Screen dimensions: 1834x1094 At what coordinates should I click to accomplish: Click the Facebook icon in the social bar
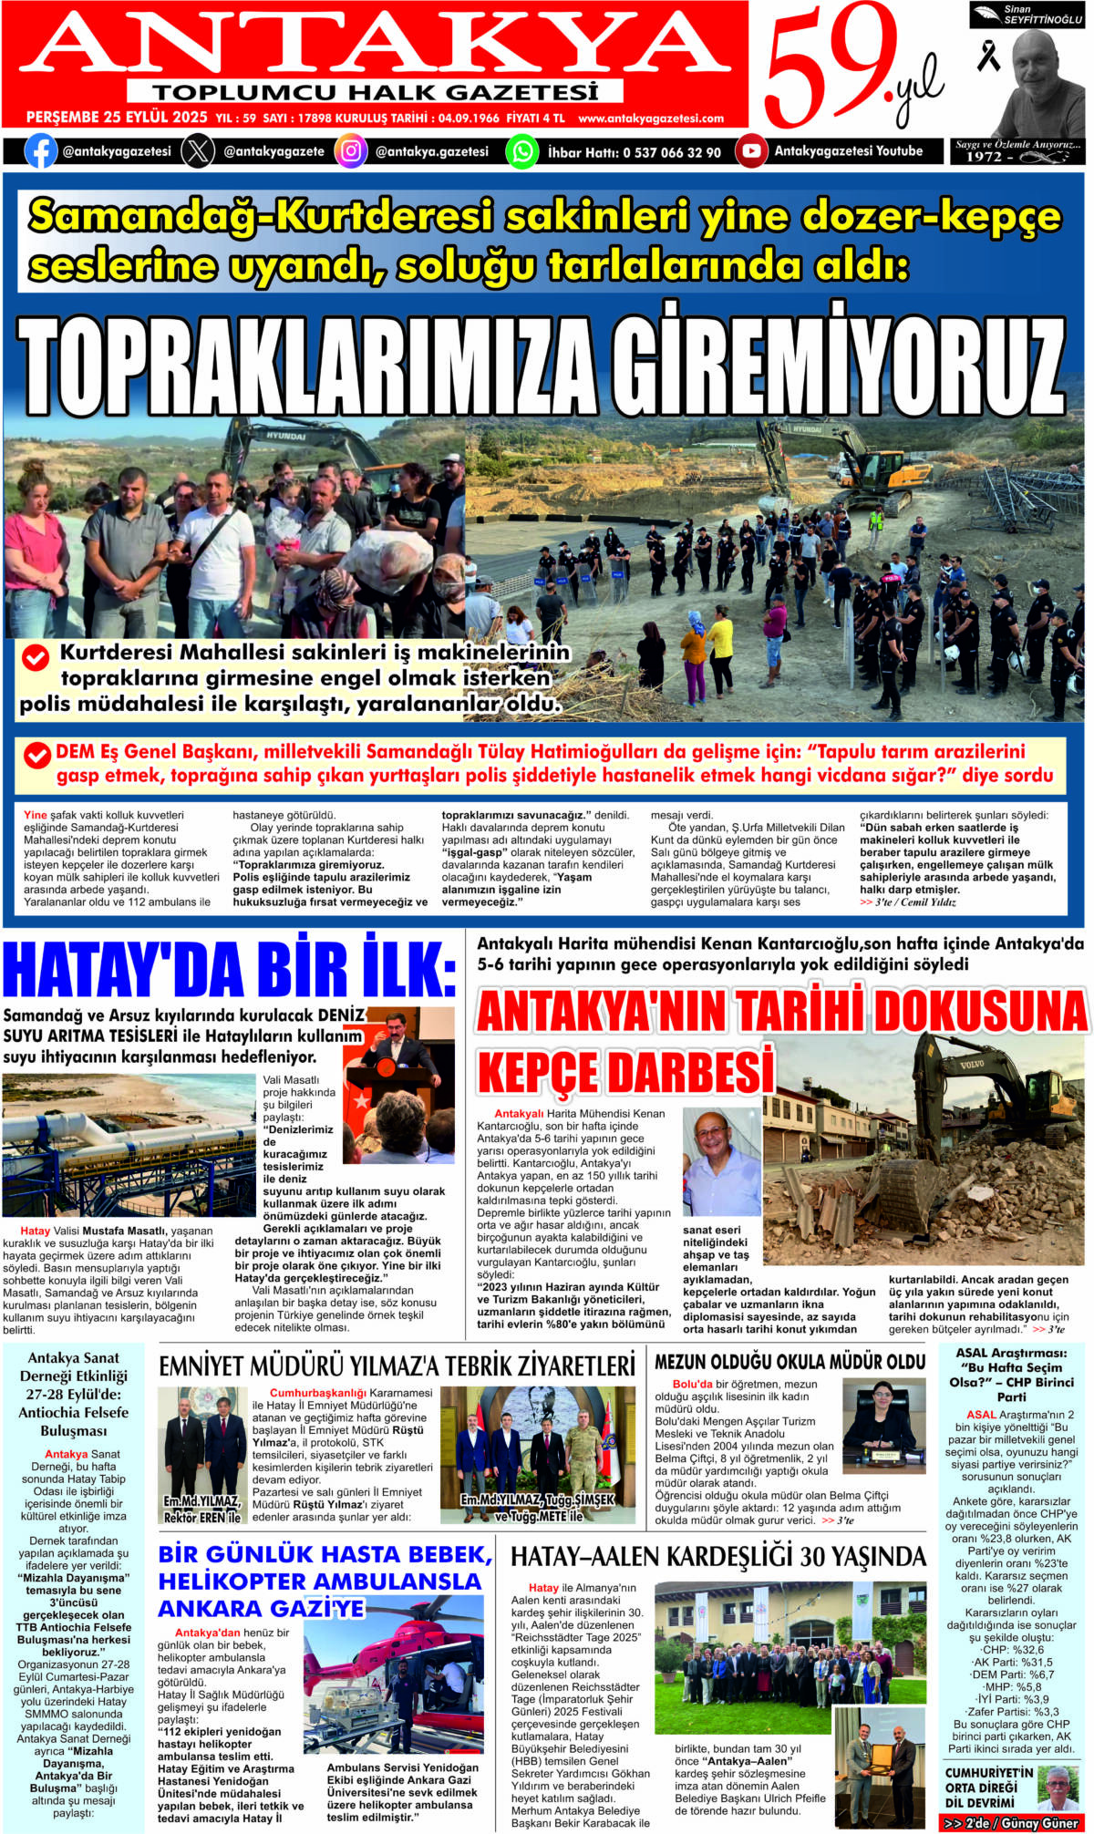click(40, 150)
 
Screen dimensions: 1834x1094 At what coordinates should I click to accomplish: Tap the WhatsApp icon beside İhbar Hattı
click(521, 150)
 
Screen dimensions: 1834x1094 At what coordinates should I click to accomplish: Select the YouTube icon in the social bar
click(750, 150)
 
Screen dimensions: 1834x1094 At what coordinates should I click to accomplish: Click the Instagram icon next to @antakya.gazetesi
click(351, 150)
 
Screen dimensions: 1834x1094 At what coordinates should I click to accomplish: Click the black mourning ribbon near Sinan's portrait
click(988, 57)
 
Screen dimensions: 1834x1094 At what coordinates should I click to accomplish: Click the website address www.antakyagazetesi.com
click(651, 118)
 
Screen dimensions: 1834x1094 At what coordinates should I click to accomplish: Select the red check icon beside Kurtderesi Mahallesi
click(35, 656)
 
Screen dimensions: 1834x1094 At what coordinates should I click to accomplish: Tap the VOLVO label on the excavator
click(971, 1064)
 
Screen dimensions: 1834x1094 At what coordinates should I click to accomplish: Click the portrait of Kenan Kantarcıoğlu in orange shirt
click(721, 1162)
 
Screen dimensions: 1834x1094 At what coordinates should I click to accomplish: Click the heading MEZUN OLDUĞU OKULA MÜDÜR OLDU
click(790, 1362)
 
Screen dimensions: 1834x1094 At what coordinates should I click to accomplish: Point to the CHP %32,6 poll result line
click(1012, 1649)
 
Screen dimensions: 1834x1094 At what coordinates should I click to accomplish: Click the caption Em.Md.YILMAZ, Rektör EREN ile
click(202, 1509)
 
